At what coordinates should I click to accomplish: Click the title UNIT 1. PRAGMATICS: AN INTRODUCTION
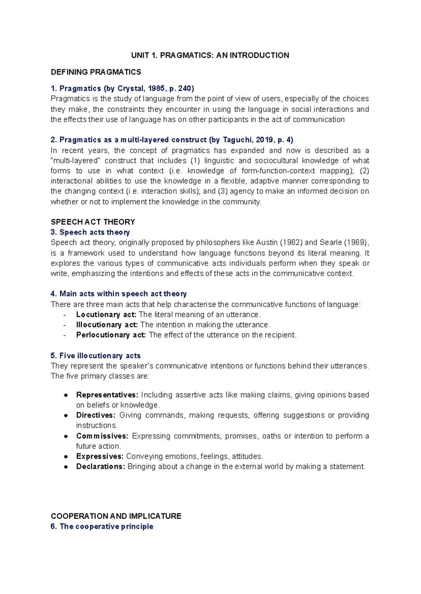[210, 55]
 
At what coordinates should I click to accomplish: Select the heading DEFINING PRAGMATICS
[96, 72]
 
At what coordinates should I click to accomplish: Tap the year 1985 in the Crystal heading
[157, 88]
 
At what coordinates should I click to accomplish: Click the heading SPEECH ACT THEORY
[93, 222]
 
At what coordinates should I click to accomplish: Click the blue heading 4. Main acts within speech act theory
[119, 294]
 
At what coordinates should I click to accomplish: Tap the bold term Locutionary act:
[106, 315]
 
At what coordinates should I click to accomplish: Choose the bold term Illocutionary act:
[107, 325]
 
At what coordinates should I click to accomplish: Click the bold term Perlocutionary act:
[111, 335]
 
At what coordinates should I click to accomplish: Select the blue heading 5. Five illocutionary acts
[95, 356]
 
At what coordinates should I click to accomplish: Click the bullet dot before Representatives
[66, 395]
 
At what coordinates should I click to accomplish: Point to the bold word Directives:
[95, 415]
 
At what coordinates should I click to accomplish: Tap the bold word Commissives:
[102, 436]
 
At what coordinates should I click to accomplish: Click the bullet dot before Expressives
[66, 457]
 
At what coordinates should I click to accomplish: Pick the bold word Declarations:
[100, 467]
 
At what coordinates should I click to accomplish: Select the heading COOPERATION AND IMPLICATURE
[116, 516]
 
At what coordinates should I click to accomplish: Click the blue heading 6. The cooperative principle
[102, 526]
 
